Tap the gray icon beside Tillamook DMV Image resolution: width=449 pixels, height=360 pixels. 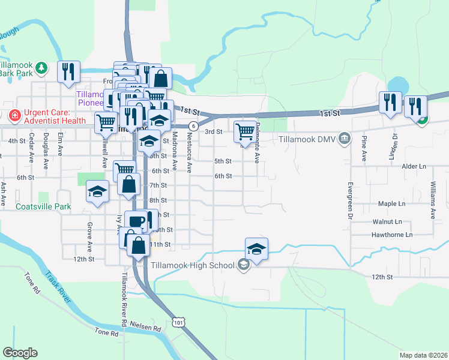(345, 139)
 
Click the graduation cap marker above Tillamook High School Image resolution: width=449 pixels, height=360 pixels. (256, 249)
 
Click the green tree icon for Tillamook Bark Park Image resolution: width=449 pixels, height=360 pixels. (41, 68)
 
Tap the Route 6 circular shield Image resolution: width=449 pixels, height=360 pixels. (193, 126)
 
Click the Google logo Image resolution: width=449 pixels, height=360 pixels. (20, 353)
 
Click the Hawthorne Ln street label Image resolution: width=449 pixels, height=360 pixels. (393, 235)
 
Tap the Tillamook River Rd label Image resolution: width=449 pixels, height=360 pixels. (124, 298)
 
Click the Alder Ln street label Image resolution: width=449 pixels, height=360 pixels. (415, 166)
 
